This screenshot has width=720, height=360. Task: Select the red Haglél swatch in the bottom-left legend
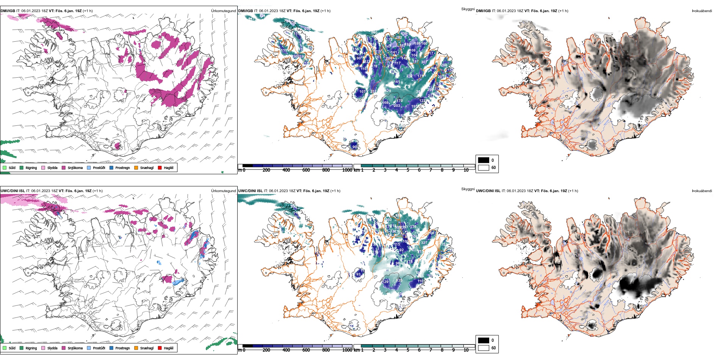coord(160,348)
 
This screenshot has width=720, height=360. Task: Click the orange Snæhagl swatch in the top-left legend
coord(136,167)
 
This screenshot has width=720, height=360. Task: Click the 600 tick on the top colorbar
coord(306,170)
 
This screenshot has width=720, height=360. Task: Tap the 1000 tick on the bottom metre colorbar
coord(347,350)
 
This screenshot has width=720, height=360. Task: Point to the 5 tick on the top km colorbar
coord(408,170)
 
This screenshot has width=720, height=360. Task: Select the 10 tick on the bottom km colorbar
coord(466,350)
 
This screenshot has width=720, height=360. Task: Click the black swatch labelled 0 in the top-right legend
coord(484,160)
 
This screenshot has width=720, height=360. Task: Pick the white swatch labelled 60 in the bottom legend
coord(484,348)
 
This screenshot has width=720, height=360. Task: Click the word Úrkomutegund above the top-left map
coord(223,11)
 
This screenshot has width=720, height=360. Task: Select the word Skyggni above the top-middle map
coord(468,9)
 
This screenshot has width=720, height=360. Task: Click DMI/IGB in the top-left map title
coord(8,11)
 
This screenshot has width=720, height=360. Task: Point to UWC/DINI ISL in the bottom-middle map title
coord(250,191)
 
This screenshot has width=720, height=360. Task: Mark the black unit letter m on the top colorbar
coord(239,170)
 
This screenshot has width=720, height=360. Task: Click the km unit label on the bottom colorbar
coord(357,350)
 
